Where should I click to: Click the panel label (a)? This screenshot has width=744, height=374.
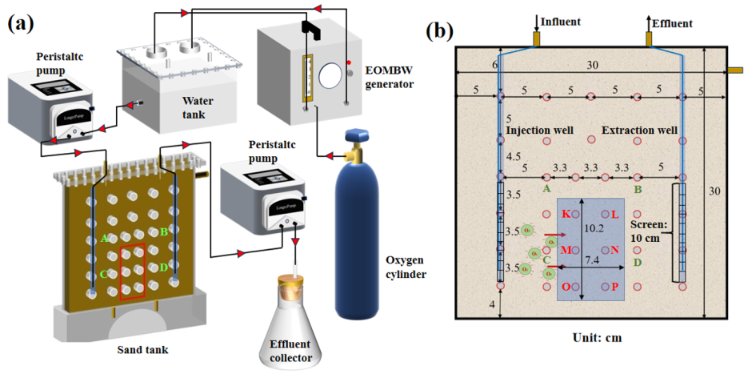coord(21,24)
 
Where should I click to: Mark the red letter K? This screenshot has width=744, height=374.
coord(566,214)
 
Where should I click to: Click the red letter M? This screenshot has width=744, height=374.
coord(566,250)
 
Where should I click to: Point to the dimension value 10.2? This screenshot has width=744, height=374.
coord(594,228)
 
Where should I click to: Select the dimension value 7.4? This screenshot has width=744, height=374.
coord(592,261)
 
